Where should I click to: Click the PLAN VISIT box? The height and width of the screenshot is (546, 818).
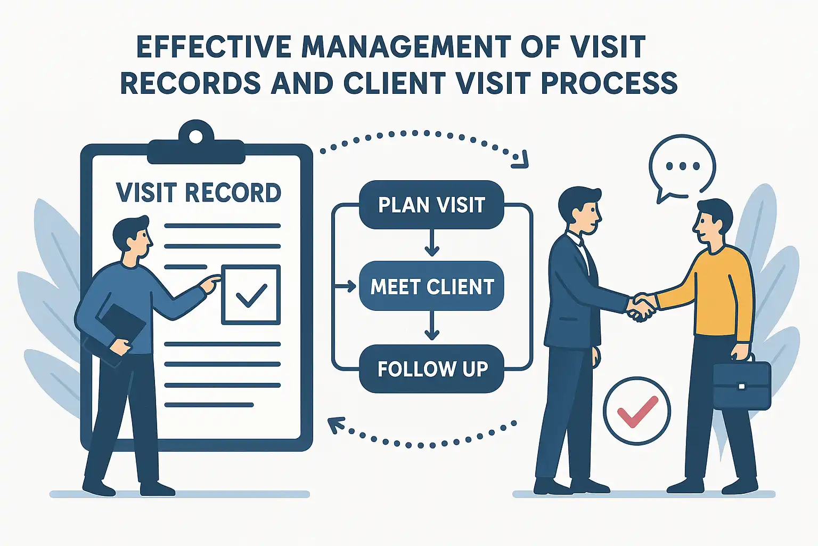431,205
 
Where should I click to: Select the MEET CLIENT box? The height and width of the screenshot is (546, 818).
431,286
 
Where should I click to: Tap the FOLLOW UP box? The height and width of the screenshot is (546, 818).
431,368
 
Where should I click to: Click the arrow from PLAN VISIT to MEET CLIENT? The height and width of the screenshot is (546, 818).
432,243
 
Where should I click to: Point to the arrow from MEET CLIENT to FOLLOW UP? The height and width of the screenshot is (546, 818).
432,326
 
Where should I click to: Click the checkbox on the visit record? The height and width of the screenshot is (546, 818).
251,295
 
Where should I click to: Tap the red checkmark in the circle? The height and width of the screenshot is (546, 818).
637,411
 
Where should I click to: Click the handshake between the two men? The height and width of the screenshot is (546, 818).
641,307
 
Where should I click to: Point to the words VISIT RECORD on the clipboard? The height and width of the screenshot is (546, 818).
198,193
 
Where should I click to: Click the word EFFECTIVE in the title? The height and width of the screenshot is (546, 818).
214,47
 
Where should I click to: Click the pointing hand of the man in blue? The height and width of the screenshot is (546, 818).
212,284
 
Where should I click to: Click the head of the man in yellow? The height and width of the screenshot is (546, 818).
713,222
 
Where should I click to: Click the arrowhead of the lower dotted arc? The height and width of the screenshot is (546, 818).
335,425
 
